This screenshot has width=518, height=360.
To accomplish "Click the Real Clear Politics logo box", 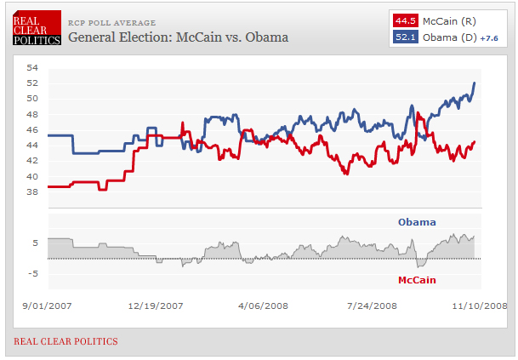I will pos(37,28).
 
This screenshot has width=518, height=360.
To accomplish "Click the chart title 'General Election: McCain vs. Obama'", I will pos(178,37).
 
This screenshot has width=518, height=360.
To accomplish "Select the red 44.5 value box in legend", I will pos(404,20).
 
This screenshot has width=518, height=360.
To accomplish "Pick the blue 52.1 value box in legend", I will pos(404,37).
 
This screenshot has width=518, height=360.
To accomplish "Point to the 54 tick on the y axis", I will pos(32,67).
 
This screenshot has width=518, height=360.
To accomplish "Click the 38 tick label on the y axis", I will pos(32,192).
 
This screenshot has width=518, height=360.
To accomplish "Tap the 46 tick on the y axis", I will pos(32,130).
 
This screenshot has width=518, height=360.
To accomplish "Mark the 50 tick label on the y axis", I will pos(32,99).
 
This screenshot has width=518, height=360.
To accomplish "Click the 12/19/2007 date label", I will pos(156,305).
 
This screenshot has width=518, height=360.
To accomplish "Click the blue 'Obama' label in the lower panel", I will pos(417,223).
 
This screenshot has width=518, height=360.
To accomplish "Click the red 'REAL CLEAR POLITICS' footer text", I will pos(65,341).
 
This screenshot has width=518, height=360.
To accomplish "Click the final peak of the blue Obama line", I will pos(474,83).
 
